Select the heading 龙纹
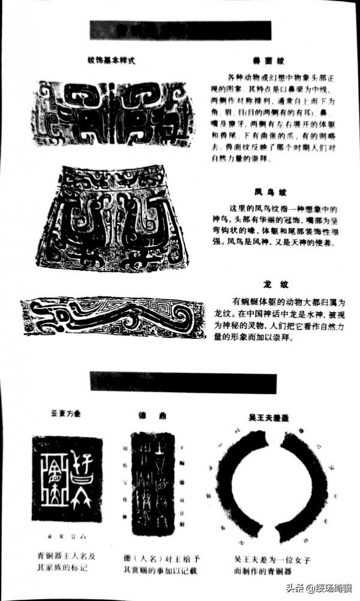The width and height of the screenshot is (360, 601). point(268,283)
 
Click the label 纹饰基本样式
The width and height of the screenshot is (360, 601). point(112,60)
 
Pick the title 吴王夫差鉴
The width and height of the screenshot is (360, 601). point(268,415)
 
